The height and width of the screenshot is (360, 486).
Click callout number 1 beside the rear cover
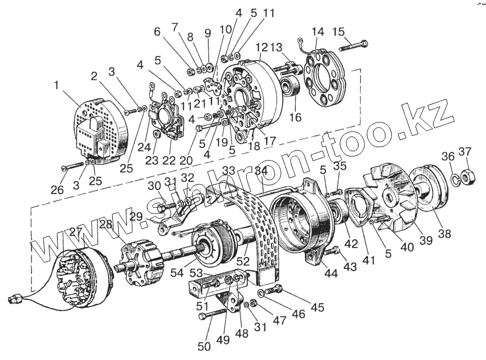57,85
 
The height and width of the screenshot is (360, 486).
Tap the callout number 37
464,153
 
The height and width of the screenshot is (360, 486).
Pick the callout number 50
204,346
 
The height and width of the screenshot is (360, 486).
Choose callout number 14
318,31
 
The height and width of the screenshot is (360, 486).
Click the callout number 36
448,157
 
